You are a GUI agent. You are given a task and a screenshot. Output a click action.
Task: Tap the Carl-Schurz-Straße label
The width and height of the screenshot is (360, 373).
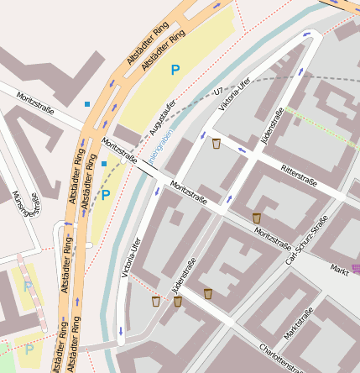coord(305,250)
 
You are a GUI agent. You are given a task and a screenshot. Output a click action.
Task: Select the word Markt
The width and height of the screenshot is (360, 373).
coord(339,269)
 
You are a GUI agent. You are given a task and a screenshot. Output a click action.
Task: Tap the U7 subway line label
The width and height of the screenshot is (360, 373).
coord(219,90)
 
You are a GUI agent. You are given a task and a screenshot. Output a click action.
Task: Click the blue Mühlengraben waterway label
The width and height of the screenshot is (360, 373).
coord(162,144)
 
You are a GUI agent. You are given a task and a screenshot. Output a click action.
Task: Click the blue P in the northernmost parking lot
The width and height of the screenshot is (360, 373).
coord(175,71)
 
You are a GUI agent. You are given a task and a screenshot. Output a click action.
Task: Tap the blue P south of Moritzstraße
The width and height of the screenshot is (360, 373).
coord(105,195)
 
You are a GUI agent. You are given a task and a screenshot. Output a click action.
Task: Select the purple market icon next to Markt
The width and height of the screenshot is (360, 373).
coord(356,269)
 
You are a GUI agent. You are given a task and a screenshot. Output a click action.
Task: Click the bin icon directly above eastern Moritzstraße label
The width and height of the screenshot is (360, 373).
coord(256,218)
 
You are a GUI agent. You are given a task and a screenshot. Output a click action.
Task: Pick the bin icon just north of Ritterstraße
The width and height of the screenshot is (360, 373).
coord(217,144)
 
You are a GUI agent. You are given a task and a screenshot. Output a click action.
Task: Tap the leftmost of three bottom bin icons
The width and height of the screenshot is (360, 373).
coord(156,301)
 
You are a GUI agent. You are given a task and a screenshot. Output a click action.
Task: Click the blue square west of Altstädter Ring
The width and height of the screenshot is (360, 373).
coord(86,104)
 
